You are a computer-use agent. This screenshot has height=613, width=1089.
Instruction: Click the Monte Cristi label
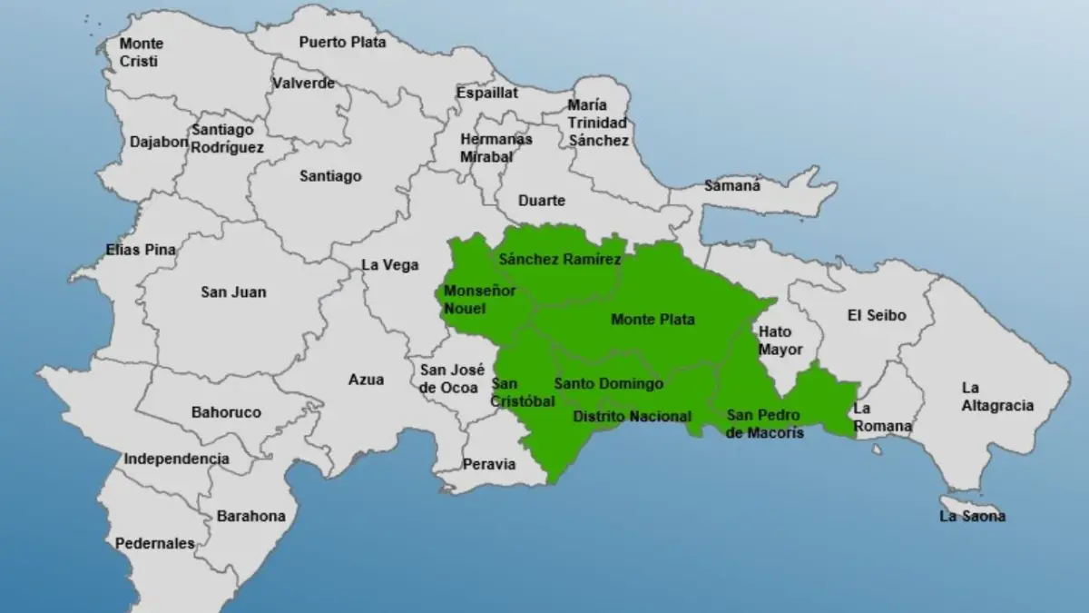pos(142,53)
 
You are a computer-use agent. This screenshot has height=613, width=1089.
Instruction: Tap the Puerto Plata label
pos(342,42)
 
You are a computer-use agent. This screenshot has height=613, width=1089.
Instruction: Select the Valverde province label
pos(303,84)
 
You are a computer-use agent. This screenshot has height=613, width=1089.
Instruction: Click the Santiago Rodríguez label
pos(228,138)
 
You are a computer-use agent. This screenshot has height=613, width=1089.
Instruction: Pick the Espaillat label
pos(487,93)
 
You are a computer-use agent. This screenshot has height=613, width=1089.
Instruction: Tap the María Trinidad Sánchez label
pos(597,123)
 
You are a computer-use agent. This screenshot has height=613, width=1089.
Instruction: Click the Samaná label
pos(732,186)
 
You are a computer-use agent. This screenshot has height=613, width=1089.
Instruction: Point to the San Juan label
pos(233,292)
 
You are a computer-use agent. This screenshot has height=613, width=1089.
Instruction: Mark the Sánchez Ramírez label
pos(560,260)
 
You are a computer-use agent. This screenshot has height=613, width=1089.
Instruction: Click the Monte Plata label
pos(652,320)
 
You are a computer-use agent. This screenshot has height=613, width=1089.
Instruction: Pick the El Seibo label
pos(876,315)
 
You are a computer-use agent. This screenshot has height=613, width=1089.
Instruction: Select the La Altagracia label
pos(997,397)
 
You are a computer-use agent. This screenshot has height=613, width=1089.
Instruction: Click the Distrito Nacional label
pos(632,417)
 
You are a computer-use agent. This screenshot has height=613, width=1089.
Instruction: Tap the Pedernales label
pos(154,543)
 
